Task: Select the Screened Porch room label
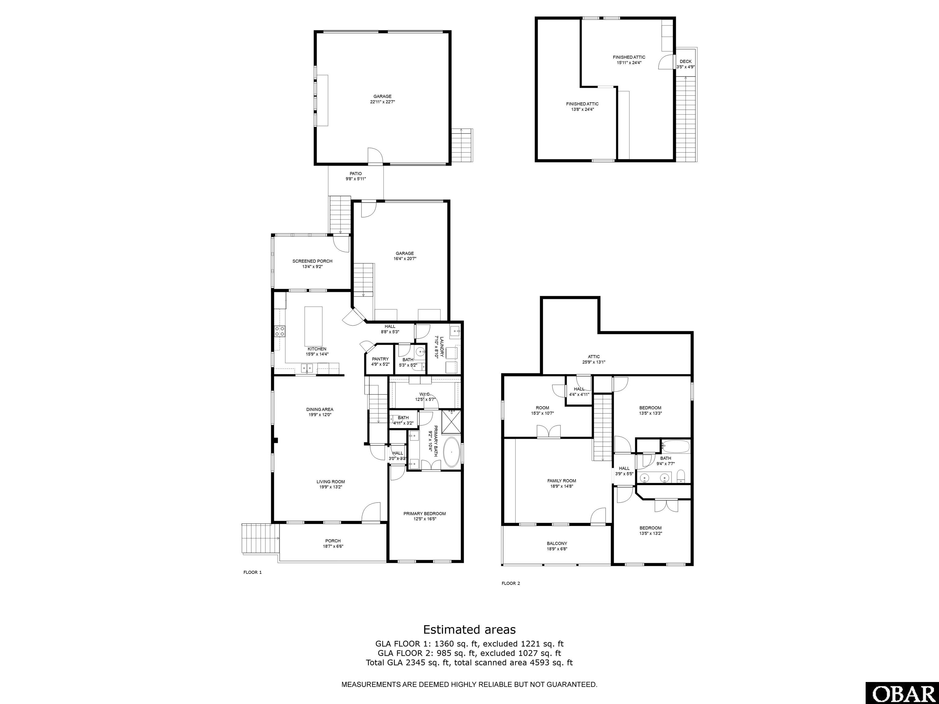click(312, 261)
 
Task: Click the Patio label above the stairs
click(355, 174)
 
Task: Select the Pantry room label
click(380, 359)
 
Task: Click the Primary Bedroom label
click(425, 513)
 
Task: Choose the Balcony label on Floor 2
click(557, 543)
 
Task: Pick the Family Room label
click(562, 481)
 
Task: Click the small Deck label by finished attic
click(685, 61)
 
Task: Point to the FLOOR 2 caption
click(511, 583)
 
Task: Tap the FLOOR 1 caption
click(252, 572)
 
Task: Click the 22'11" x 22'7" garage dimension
click(382, 102)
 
